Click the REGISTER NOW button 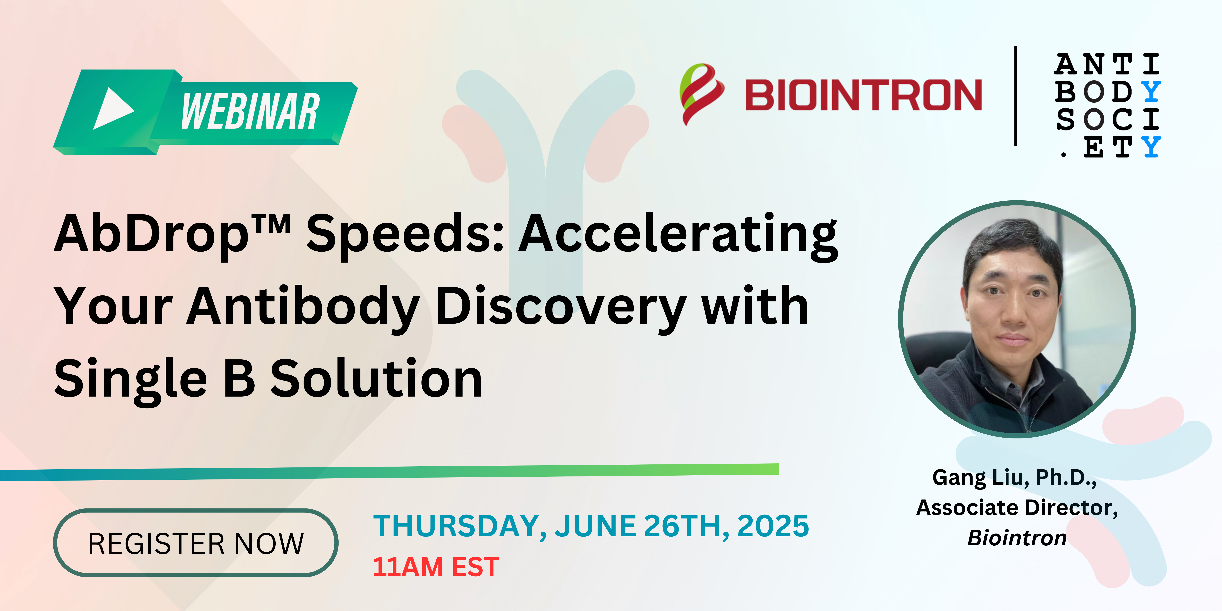coord(195,543)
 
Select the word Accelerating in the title coord(678,236)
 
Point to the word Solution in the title coord(376,378)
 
